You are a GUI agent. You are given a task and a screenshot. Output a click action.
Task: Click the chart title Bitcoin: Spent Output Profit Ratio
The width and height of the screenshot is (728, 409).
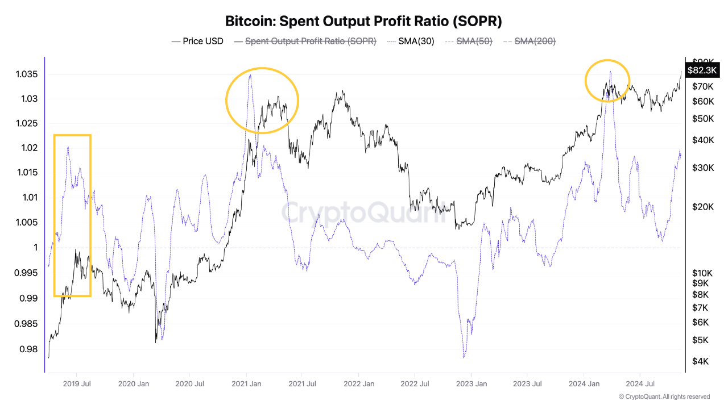tap(364, 21)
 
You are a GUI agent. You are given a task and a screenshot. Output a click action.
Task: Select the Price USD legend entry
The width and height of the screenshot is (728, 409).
tap(197, 41)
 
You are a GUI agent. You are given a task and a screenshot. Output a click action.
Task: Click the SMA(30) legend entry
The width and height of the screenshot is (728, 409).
tap(410, 41)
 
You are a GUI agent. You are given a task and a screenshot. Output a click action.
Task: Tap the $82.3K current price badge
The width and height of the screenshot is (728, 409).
tap(702, 70)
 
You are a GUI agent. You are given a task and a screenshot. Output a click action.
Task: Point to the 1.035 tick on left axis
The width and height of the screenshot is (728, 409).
tap(27, 74)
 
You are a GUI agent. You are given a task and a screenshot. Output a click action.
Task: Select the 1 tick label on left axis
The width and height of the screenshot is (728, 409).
tap(35, 248)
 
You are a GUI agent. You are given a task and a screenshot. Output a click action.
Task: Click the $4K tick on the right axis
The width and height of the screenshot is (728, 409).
tap(700, 361)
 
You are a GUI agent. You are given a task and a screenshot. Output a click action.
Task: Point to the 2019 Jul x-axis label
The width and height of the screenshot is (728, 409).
tap(77, 384)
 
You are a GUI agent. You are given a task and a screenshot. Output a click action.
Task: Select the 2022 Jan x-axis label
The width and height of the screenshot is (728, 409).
tap(359, 384)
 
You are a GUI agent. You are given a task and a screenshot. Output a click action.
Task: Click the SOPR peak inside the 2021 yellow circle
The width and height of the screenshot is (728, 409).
tap(250, 75)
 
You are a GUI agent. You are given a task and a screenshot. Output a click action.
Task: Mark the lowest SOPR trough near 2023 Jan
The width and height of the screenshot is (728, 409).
tap(465, 357)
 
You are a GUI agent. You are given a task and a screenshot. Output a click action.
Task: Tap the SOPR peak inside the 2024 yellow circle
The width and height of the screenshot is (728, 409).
tap(610, 72)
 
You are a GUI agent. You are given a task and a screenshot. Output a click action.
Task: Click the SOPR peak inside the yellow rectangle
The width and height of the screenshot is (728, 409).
tap(68, 147)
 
